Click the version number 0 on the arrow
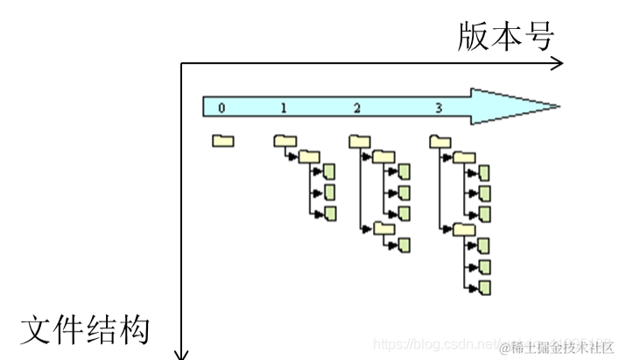[x=222, y=108]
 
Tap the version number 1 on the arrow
[x=284, y=108]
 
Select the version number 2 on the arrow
[x=357, y=108]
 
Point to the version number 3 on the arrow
[x=439, y=108]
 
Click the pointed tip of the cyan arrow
[x=557, y=107]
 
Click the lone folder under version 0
[x=222, y=140]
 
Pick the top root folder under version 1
[x=285, y=140]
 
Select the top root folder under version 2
[x=360, y=140]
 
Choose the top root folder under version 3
[x=440, y=140]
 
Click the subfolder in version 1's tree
[x=308, y=157]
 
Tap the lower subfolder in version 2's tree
[x=384, y=229]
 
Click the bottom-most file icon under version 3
[x=484, y=286]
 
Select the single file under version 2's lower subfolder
[x=404, y=244]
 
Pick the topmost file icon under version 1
[x=330, y=173]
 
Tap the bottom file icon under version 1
[x=330, y=213]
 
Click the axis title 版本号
[x=505, y=37]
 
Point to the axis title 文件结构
[x=85, y=331]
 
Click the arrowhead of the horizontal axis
[x=559, y=63]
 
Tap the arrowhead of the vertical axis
[x=181, y=353]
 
